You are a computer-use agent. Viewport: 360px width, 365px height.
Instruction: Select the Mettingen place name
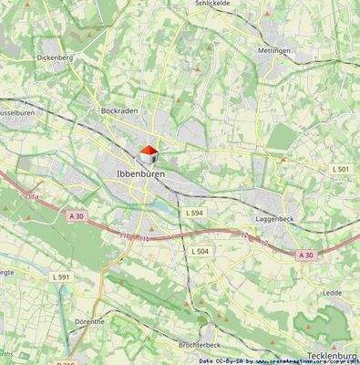click(273, 51)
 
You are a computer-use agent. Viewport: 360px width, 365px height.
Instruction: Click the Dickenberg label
click(55, 57)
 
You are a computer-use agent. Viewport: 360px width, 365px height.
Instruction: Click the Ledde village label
click(332, 292)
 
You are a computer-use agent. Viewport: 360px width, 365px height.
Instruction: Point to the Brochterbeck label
click(201, 345)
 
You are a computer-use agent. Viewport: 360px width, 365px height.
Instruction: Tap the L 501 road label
click(340, 170)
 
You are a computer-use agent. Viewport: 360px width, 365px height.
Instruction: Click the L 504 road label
click(201, 250)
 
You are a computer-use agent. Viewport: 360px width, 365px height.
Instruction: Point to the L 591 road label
click(61, 276)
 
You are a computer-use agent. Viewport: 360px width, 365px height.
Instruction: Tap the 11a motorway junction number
click(34, 196)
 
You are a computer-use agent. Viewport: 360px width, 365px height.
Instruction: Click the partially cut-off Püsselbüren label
click(17, 112)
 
